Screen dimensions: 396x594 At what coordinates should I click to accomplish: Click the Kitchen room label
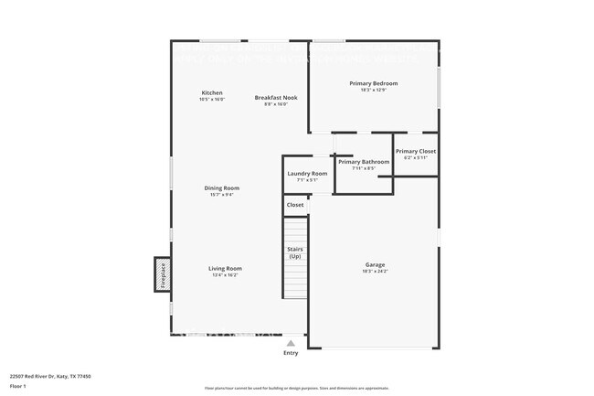coord(212,92)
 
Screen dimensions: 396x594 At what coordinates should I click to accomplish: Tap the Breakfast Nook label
coord(276,97)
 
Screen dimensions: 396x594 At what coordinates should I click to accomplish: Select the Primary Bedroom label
coord(374,83)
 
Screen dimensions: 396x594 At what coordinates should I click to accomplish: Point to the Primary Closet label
coord(416,151)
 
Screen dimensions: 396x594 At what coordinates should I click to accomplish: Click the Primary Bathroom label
coord(364,162)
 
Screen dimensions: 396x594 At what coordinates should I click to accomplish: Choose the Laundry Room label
coord(307,173)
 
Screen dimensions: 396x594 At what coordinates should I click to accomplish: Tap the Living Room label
coord(225,268)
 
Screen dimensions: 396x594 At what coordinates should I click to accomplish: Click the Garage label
coord(376,264)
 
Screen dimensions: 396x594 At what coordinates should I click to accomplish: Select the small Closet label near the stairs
coord(295,205)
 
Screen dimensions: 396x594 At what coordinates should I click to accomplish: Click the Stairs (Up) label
coord(295,252)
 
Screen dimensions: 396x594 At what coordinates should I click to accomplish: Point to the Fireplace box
coord(163,274)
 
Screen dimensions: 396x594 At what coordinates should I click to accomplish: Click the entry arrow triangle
coord(291,344)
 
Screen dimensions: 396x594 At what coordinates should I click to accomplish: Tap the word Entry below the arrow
coord(291,353)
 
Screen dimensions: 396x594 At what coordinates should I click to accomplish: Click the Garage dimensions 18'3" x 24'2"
coord(376,271)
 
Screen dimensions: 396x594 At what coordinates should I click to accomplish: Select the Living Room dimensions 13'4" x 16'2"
coord(225,274)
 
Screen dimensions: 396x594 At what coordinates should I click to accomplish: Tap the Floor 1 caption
coord(19,386)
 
